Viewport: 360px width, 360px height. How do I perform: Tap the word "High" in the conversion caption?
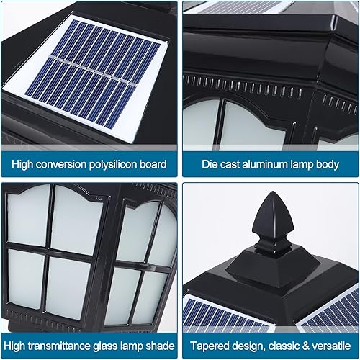pos(24,164)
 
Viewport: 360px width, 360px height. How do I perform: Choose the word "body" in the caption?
pos(326,164)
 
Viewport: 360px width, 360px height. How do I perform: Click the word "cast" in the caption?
pos(232,164)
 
